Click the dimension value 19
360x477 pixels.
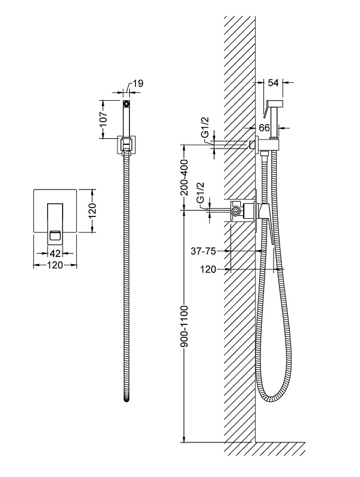[137, 83]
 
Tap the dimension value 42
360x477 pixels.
[54, 253]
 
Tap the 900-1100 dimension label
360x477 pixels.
[185, 328]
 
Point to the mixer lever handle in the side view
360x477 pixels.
[268, 224]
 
